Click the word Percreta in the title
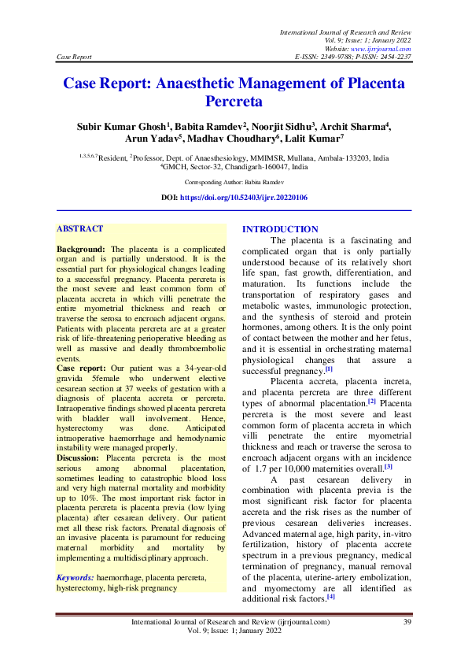coord(233,101)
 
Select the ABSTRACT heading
coord(79,228)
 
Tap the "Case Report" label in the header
coord(75,57)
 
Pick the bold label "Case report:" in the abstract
coord(81,369)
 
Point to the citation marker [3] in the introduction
coord(389,466)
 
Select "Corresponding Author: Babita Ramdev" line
coord(234,181)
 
